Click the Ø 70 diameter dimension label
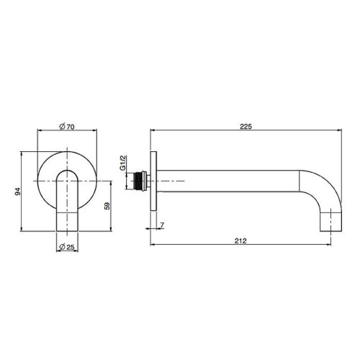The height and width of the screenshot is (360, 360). pos(67,127)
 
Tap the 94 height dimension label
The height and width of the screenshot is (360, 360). pos(18,192)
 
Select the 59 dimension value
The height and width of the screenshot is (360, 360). pos(107,206)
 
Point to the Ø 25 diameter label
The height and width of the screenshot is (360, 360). pos(67,247)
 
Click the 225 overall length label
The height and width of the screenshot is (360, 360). pos(246,127)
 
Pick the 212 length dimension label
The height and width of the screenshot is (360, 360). pos(240,240)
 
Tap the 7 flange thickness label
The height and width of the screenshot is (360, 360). pos(162,225)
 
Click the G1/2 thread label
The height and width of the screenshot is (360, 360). pos(123,163)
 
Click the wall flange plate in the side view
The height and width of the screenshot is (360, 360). pos(153,181)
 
